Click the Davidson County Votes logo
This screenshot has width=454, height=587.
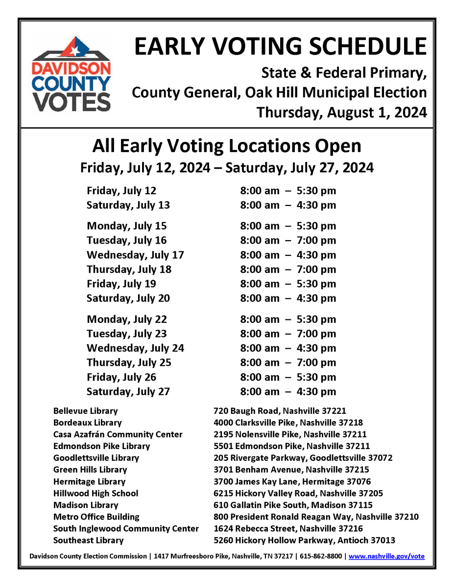71,74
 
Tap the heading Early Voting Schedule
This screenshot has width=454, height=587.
280,46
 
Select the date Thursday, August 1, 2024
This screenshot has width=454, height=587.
341,113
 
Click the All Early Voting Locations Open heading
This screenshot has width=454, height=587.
227,146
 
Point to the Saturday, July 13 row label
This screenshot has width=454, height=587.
128,205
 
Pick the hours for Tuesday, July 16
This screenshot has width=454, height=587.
288,240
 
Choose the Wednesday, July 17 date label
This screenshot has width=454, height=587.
135,255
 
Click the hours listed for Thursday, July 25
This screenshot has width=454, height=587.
288,362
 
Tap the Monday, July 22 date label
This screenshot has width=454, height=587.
127,319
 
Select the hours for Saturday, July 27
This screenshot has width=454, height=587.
288,391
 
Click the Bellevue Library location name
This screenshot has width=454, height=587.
86,411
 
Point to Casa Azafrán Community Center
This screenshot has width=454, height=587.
118,434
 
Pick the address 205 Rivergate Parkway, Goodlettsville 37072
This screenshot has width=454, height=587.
303,458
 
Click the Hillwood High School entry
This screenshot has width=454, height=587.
96,493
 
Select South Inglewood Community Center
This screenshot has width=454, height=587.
126,528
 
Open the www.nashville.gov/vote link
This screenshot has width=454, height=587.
386,556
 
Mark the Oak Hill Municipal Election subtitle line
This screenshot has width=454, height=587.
279,92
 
